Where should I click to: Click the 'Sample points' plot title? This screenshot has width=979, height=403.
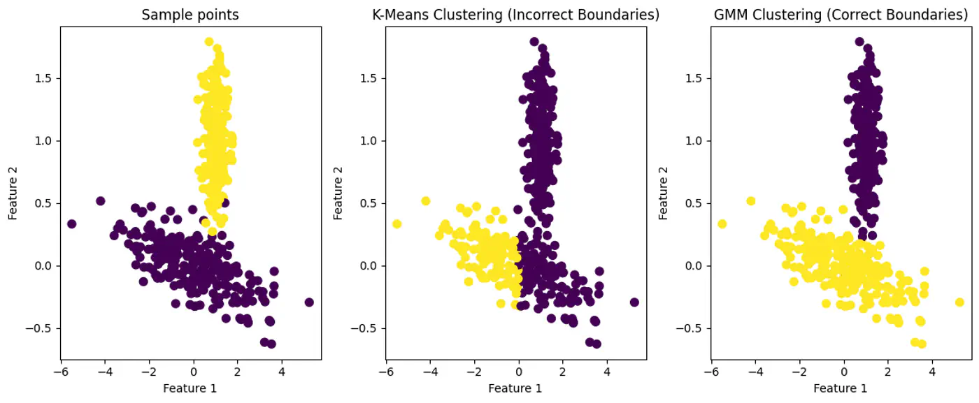coord(190,15)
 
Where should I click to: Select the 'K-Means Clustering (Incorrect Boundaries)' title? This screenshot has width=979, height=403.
coord(515,15)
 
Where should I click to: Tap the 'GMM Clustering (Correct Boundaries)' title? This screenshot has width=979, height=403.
coord(841,15)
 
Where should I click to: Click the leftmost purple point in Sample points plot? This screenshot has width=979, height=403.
coord(71,224)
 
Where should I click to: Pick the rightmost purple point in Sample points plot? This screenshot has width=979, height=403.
coord(309,302)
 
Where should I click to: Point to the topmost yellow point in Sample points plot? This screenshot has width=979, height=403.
coord(208,42)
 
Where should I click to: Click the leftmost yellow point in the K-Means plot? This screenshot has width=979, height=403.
coord(396,224)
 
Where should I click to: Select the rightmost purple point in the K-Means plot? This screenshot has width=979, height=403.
coord(634,302)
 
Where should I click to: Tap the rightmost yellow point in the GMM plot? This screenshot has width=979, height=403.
coord(959,302)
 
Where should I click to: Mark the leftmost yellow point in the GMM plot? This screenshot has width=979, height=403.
coord(722,224)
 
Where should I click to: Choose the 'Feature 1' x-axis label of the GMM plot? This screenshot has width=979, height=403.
coord(841,388)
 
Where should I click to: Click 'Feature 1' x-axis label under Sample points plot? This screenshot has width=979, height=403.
coord(190,388)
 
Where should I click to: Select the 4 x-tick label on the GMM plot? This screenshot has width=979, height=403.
coord(932,373)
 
